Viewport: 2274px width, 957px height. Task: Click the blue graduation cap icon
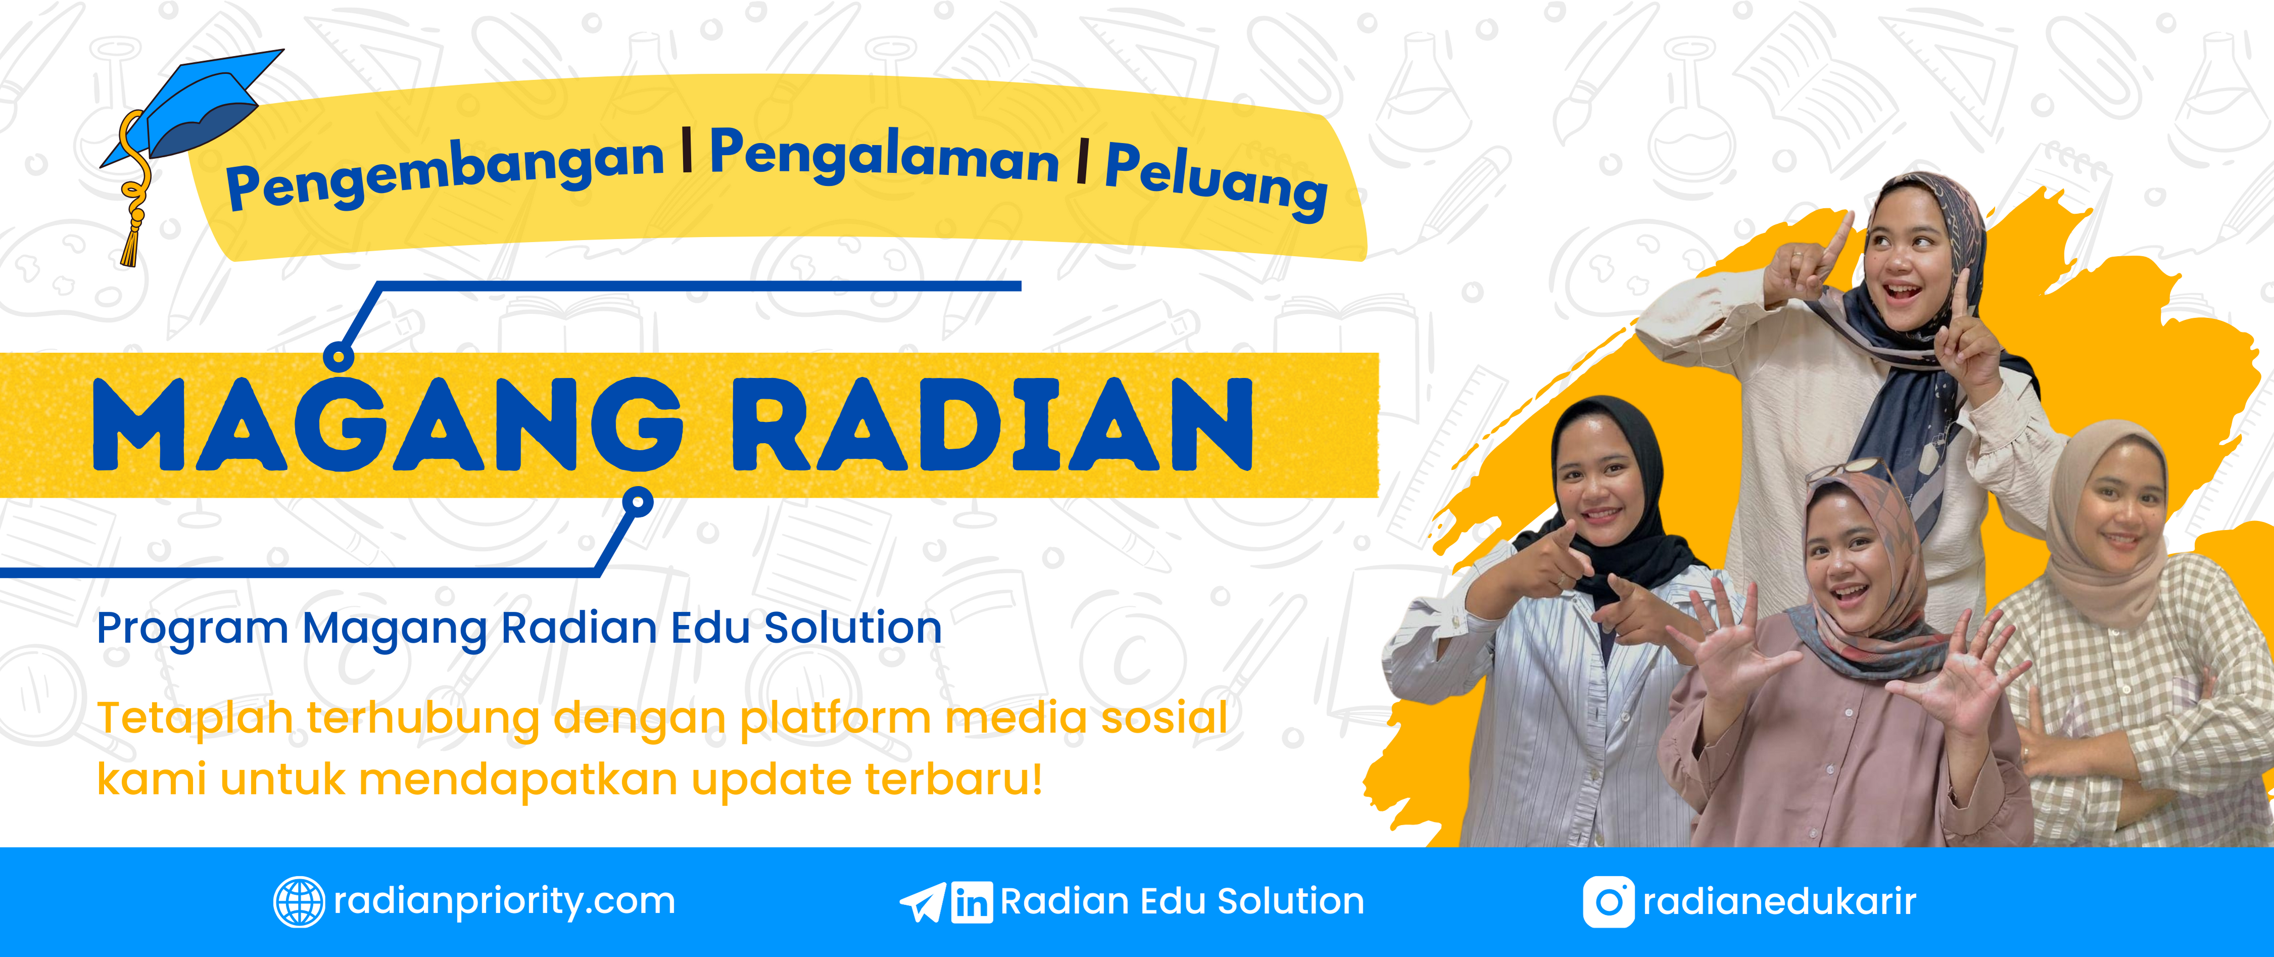[190, 110]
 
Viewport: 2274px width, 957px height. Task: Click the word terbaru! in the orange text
[954, 779]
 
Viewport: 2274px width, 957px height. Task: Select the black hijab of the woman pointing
[1620, 494]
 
